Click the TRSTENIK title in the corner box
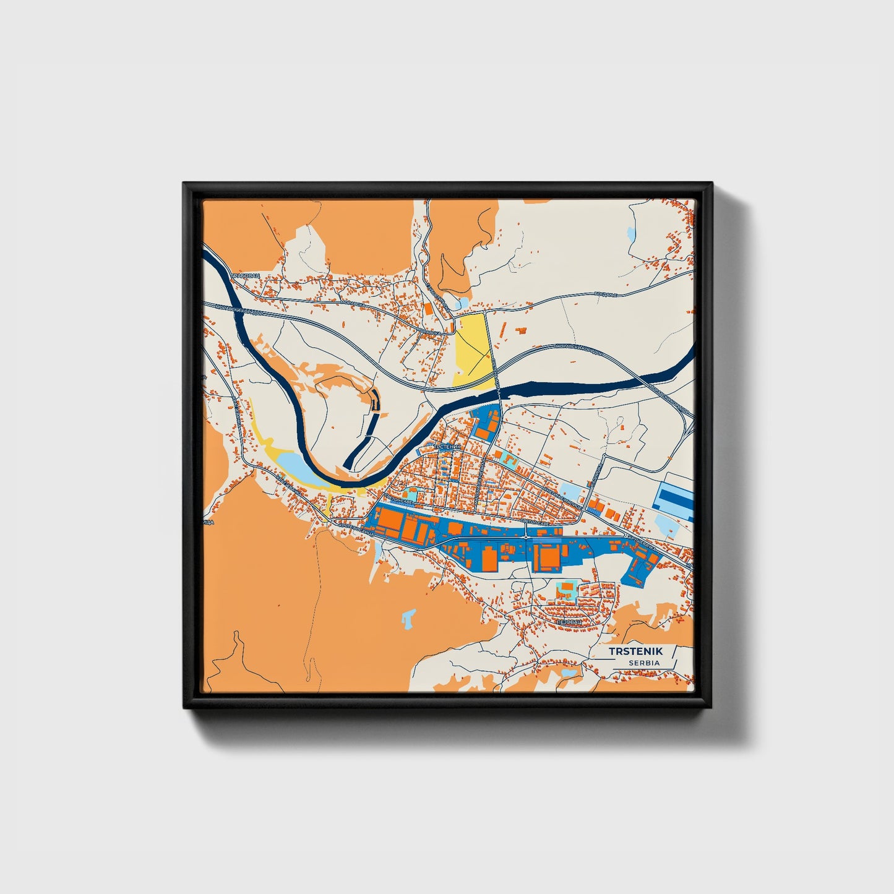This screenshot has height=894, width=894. [635, 651]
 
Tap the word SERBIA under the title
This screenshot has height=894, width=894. [644, 663]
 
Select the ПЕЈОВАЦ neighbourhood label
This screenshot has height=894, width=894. [569, 621]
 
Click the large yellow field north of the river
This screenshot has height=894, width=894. [473, 350]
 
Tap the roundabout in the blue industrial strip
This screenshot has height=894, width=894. [525, 538]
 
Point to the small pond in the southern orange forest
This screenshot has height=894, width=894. [408, 617]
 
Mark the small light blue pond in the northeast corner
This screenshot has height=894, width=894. [630, 235]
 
